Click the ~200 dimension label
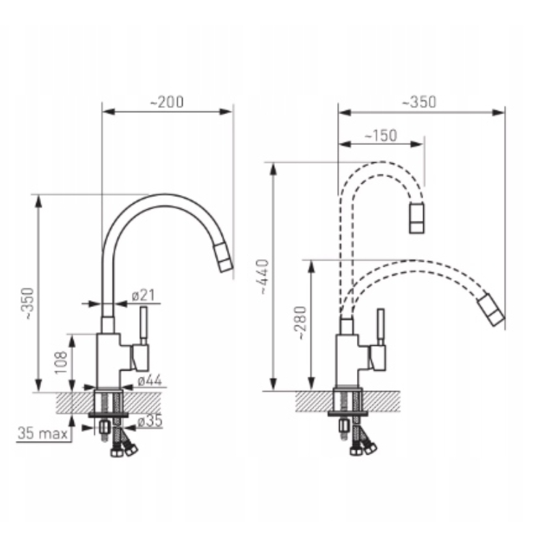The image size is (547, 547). click(x=167, y=102)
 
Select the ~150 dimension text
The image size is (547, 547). click(x=381, y=135)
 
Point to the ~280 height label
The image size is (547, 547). click(x=300, y=323)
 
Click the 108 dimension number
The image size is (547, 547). click(x=61, y=363)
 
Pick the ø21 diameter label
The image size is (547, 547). click(x=144, y=296)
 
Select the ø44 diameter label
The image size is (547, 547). click(x=150, y=380)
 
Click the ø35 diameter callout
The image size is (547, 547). click(x=150, y=421)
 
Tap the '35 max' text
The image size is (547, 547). click(x=42, y=433)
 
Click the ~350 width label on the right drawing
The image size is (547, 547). click(x=419, y=102)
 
